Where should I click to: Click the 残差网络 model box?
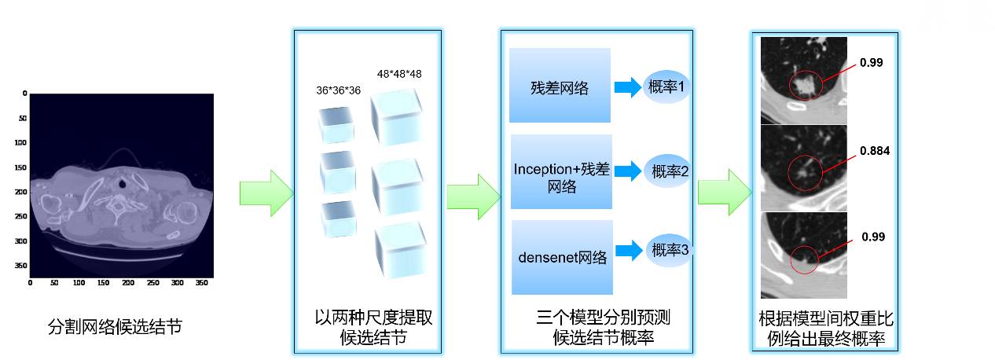point(560,86)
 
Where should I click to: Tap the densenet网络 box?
point(560,257)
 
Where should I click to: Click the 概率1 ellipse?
point(666,86)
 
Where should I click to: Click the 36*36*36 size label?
point(338,90)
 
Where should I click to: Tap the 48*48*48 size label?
point(399,74)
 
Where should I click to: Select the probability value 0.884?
point(874,151)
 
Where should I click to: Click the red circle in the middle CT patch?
point(805,171)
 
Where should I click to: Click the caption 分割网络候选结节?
point(115,325)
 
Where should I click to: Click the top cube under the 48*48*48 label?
point(396,117)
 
